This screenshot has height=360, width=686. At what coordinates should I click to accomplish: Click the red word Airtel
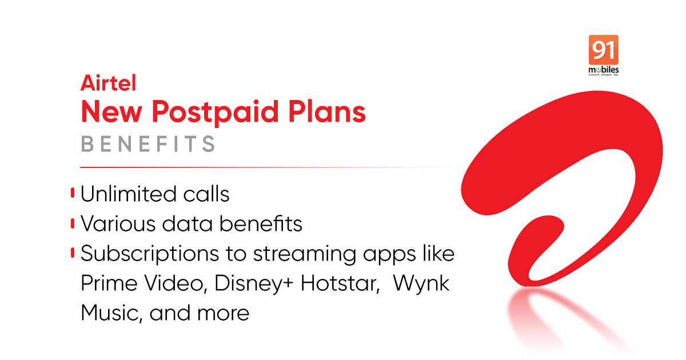pos(108,83)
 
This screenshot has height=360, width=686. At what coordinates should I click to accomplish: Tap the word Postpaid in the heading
pos(215,113)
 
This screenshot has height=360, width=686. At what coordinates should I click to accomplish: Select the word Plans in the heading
pos(327,111)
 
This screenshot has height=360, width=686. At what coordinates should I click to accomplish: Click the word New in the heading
pos(111,112)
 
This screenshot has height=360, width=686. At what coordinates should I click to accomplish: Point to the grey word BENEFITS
pos(148,144)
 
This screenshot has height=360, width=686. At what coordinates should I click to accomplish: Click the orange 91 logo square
pos(603,50)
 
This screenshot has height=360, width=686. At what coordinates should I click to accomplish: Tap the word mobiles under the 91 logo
pos(603,70)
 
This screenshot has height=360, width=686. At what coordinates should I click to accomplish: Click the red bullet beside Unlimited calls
pos(73,193)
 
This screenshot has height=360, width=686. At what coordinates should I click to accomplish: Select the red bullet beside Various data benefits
pos(73,223)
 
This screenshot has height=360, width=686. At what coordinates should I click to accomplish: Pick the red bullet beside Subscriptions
pos(73,253)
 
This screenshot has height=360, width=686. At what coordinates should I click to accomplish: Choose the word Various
pos(118,223)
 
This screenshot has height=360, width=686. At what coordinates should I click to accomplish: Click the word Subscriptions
pos(150,254)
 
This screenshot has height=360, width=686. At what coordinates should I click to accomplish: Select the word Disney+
pos(254,284)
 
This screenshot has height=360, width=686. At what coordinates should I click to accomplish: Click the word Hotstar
pos(340,283)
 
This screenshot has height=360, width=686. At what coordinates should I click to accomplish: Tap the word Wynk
pos(421,284)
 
